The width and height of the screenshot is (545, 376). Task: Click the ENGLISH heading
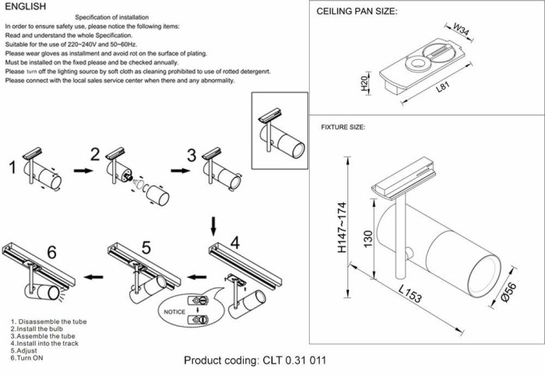tap(26, 6)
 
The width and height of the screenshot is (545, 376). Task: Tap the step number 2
tap(96, 153)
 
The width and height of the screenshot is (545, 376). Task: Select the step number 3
tap(191, 153)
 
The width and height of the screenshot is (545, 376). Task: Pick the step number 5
tap(146, 248)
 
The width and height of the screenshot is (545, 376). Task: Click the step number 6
tap(51, 251)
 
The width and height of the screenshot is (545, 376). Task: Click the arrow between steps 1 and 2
tap(80, 168)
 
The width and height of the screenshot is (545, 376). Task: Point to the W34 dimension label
tap(462, 32)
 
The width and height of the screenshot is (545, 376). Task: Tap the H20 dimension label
tap(364, 84)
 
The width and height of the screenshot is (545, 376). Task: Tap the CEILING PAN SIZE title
tap(357, 12)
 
